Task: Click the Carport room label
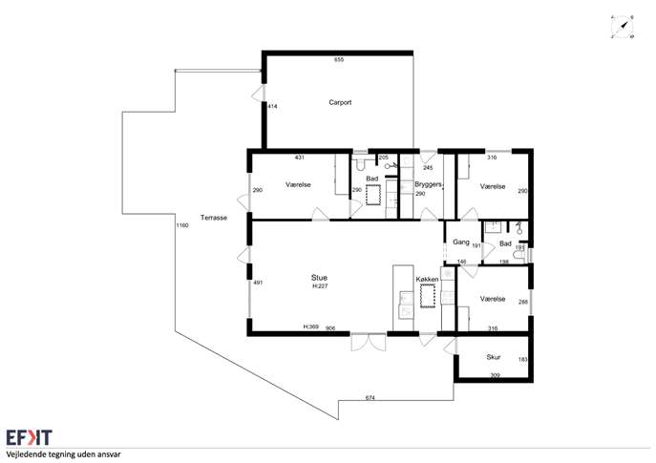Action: (x=340, y=102)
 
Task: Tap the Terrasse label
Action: (x=213, y=218)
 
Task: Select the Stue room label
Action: (x=319, y=278)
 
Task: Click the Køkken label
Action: (x=427, y=280)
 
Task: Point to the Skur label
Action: (x=494, y=357)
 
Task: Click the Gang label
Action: (x=461, y=242)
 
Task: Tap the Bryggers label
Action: (x=428, y=184)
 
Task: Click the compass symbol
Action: (x=623, y=27)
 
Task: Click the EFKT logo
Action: (x=29, y=437)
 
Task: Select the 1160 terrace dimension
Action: (x=182, y=225)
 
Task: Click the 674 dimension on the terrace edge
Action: (x=370, y=398)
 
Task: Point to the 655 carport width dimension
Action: (x=339, y=60)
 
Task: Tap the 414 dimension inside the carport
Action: (x=272, y=107)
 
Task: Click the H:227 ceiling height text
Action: (x=320, y=286)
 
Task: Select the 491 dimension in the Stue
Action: (x=258, y=283)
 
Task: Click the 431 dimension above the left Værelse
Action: (x=300, y=158)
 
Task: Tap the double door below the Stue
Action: (x=369, y=342)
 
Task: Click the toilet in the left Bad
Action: (x=359, y=164)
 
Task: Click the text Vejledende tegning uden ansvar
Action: (x=63, y=454)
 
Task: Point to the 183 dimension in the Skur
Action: (x=523, y=359)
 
